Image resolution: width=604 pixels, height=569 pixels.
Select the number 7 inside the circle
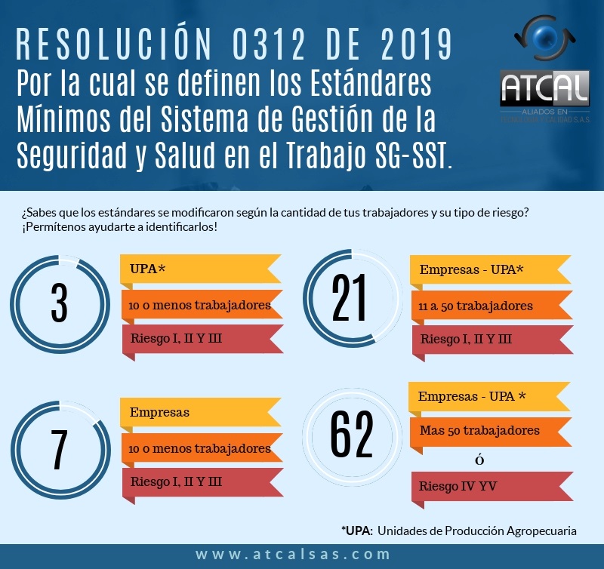[x=58, y=450]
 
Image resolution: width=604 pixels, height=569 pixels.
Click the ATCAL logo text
[x=544, y=89]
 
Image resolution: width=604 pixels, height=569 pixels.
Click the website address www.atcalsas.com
[x=294, y=555]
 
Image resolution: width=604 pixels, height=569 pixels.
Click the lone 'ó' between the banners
[x=479, y=460]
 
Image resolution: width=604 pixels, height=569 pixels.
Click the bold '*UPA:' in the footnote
[x=356, y=531]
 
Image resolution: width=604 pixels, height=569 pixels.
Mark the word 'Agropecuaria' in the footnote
[x=540, y=531]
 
